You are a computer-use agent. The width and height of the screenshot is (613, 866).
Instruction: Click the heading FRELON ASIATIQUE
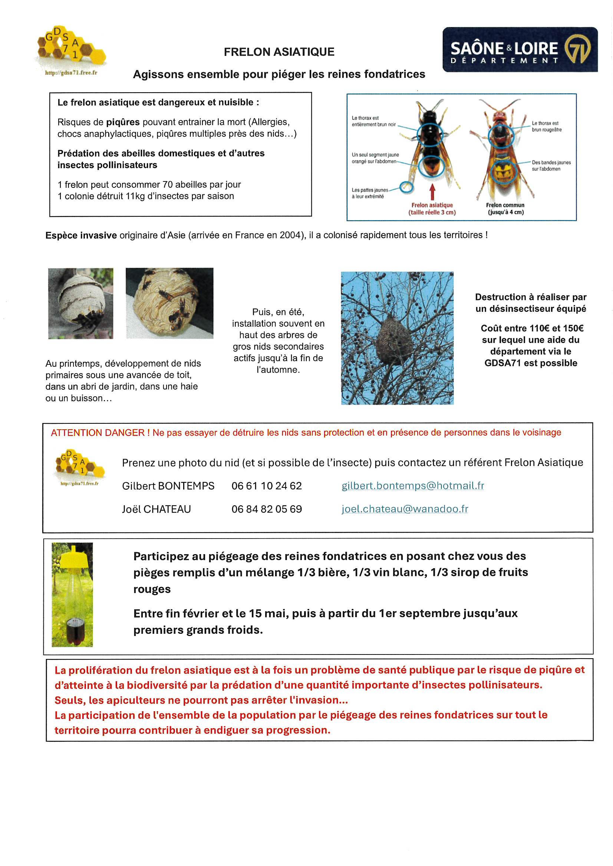click(279, 52)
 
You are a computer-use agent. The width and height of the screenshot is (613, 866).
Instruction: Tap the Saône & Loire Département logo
click(520, 49)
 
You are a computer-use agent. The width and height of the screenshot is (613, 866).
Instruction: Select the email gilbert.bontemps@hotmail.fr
click(412, 486)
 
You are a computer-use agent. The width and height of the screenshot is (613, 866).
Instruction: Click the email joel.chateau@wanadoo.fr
click(405, 509)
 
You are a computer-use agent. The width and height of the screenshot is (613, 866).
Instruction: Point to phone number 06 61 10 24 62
click(266, 486)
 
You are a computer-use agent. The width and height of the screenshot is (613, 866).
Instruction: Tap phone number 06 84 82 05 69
click(266, 509)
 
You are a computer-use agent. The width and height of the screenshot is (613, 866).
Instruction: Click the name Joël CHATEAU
click(156, 509)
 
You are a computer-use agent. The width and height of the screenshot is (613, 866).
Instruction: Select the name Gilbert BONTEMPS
click(168, 486)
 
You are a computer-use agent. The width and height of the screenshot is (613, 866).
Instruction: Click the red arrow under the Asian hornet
click(432, 191)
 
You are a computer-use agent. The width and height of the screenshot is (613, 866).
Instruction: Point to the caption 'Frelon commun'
click(505, 205)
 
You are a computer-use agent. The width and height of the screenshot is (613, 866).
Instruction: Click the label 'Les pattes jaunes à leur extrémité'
click(369, 193)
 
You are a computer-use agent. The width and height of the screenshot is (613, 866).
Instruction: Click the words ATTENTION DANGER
click(98, 433)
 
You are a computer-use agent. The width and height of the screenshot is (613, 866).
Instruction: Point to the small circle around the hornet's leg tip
click(406, 187)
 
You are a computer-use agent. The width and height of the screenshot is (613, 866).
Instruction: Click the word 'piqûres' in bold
click(123, 122)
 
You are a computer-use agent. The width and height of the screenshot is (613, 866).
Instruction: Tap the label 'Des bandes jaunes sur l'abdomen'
click(551, 166)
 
